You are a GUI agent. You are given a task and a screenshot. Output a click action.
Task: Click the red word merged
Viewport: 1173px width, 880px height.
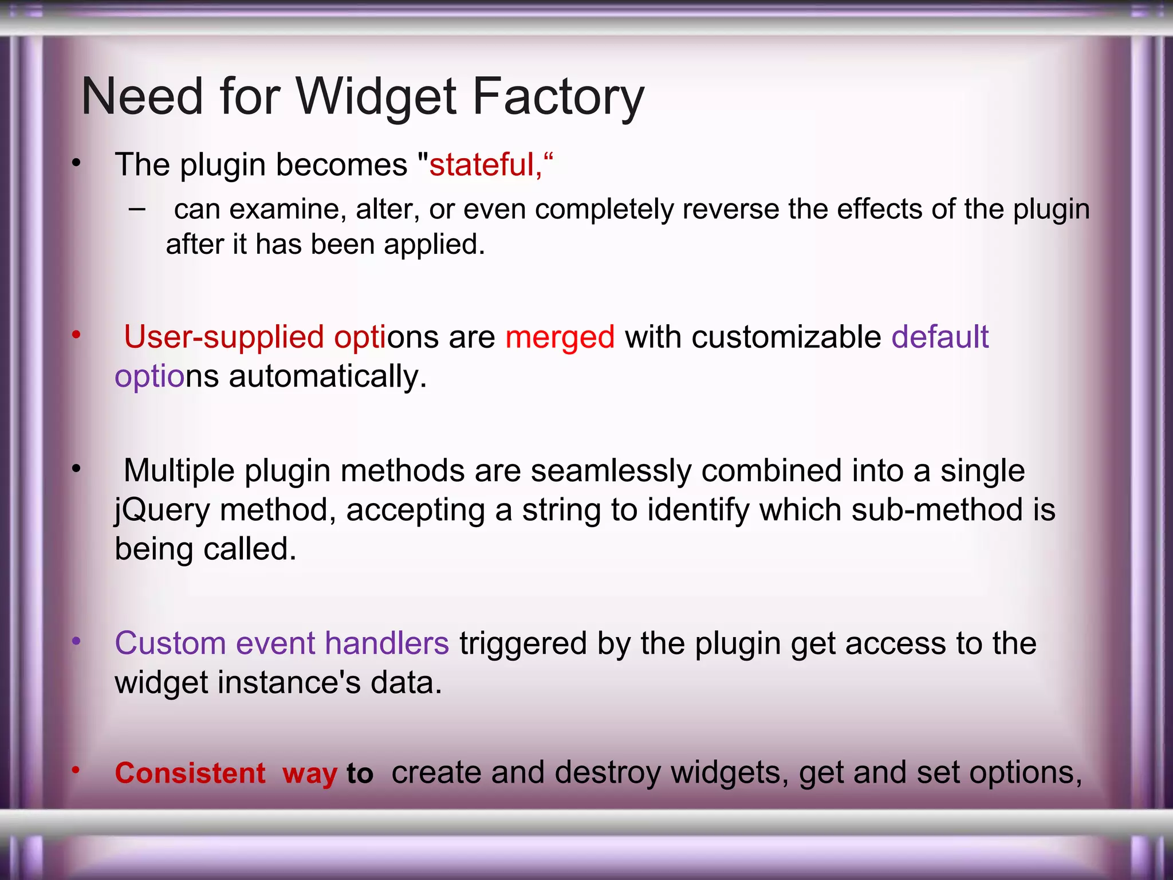tap(560, 337)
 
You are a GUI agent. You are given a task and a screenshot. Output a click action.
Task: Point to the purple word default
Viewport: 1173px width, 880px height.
tap(940, 337)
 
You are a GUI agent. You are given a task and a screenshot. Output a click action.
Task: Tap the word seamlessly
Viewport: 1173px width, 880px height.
tap(611, 471)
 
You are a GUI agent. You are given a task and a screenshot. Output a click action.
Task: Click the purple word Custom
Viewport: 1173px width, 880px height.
tap(170, 643)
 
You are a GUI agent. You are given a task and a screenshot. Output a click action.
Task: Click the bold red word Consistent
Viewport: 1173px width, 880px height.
tap(190, 773)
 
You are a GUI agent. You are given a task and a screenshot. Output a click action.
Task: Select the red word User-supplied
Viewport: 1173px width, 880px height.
tap(223, 337)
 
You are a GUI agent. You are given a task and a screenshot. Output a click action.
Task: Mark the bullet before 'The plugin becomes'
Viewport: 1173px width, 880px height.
tap(76, 164)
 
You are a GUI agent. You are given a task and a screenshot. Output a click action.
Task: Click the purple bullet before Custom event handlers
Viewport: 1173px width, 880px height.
tap(76, 642)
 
